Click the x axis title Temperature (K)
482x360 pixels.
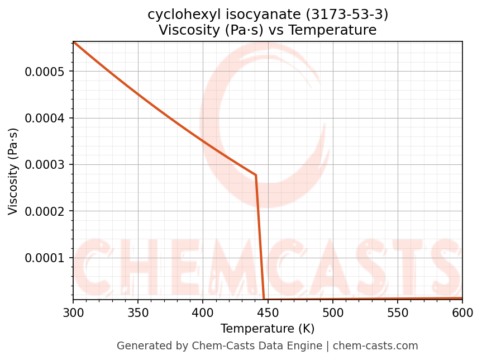tap(268, 329)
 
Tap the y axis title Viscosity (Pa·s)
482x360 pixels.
tap(13, 171)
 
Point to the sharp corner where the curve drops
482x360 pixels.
tap(256, 176)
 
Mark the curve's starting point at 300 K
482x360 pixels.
tap(74, 42)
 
